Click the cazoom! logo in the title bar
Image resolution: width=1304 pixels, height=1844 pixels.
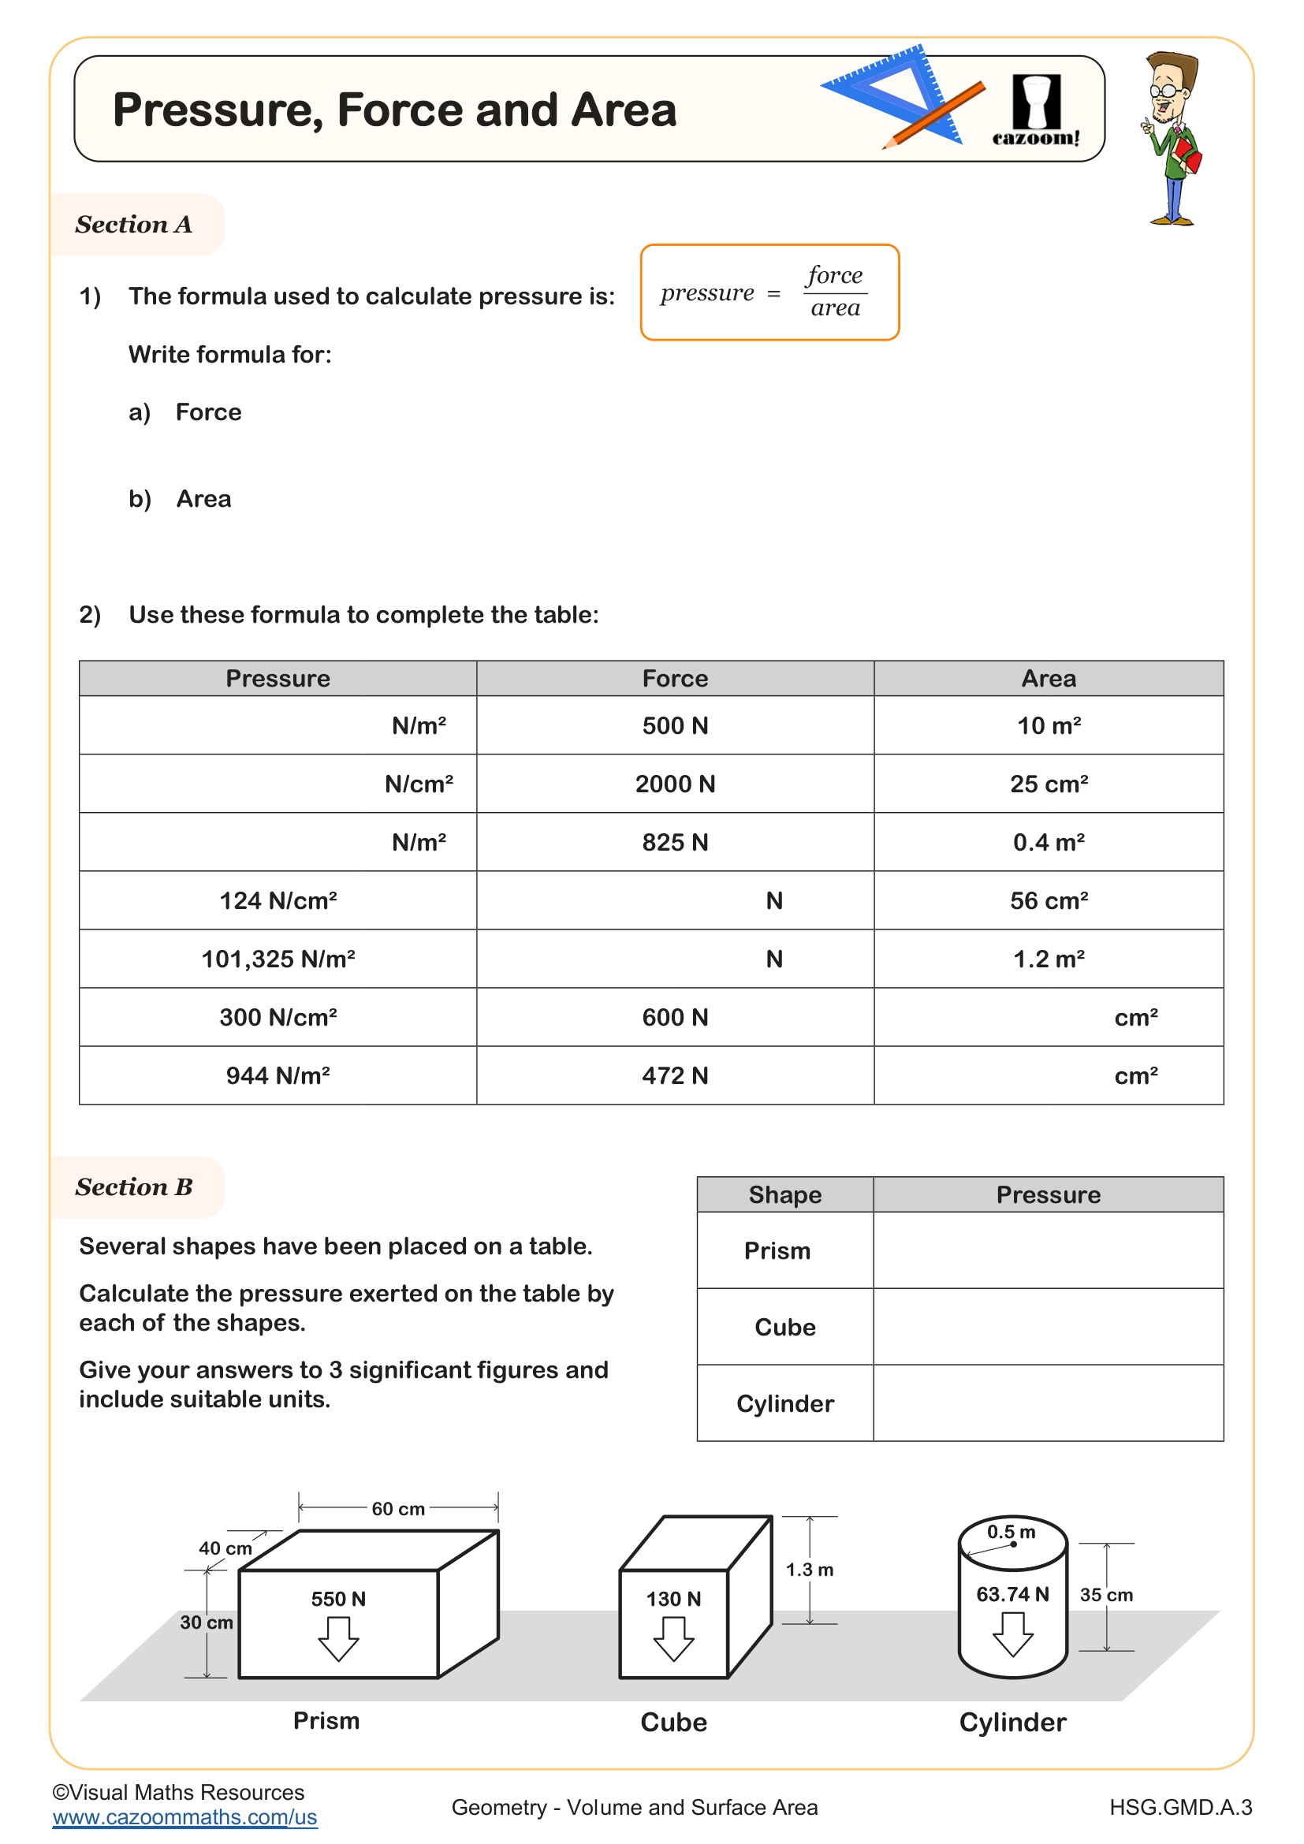tap(1035, 110)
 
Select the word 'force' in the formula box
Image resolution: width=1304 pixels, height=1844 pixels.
tap(834, 274)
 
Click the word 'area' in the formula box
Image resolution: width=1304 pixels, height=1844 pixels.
tap(834, 308)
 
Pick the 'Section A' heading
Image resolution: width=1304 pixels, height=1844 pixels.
tap(134, 224)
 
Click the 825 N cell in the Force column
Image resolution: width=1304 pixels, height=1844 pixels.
tap(675, 842)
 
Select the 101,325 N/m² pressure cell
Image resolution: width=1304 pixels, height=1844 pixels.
tap(278, 958)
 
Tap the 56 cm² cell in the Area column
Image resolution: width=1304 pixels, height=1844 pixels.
tap(1048, 900)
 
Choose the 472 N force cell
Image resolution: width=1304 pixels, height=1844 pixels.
tap(675, 1075)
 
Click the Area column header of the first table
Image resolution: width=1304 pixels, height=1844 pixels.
tap(1048, 679)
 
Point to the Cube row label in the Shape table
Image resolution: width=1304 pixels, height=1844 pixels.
tap(784, 1327)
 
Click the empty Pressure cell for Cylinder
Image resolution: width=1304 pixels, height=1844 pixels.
tap(1048, 1403)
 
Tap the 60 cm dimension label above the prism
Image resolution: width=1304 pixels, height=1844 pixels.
tap(398, 1509)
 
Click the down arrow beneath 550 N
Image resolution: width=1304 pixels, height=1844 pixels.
tap(338, 1638)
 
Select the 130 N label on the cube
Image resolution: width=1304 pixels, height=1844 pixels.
tap(673, 1599)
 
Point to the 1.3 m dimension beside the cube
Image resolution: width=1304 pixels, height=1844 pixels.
tap(810, 1570)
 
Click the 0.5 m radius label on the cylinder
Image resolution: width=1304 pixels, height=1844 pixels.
tap(1011, 1532)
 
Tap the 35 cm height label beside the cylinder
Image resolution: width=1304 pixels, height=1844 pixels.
tap(1105, 1595)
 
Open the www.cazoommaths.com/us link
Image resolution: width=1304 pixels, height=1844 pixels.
tap(184, 1817)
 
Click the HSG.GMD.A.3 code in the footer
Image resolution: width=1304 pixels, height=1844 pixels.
tap(1180, 1807)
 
